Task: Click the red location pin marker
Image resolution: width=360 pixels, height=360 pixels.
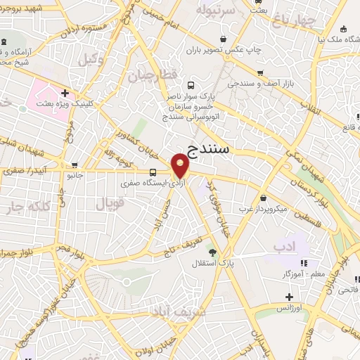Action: [x=181, y=167]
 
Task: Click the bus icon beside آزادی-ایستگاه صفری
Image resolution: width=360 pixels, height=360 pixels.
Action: [x=153, y=172]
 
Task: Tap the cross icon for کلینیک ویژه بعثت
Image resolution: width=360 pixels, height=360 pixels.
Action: [x=65, y=92]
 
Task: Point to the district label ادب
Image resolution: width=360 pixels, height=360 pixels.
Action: [x=285, y=246]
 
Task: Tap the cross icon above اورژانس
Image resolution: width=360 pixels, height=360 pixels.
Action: [x=288, y=297]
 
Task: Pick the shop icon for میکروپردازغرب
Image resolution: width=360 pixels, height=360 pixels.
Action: [x=264, y=198]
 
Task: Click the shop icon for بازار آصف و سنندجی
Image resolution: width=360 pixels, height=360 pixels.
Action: [x=260, y=73]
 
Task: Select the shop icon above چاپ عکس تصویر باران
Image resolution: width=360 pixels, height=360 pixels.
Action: [x=224, y=39]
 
